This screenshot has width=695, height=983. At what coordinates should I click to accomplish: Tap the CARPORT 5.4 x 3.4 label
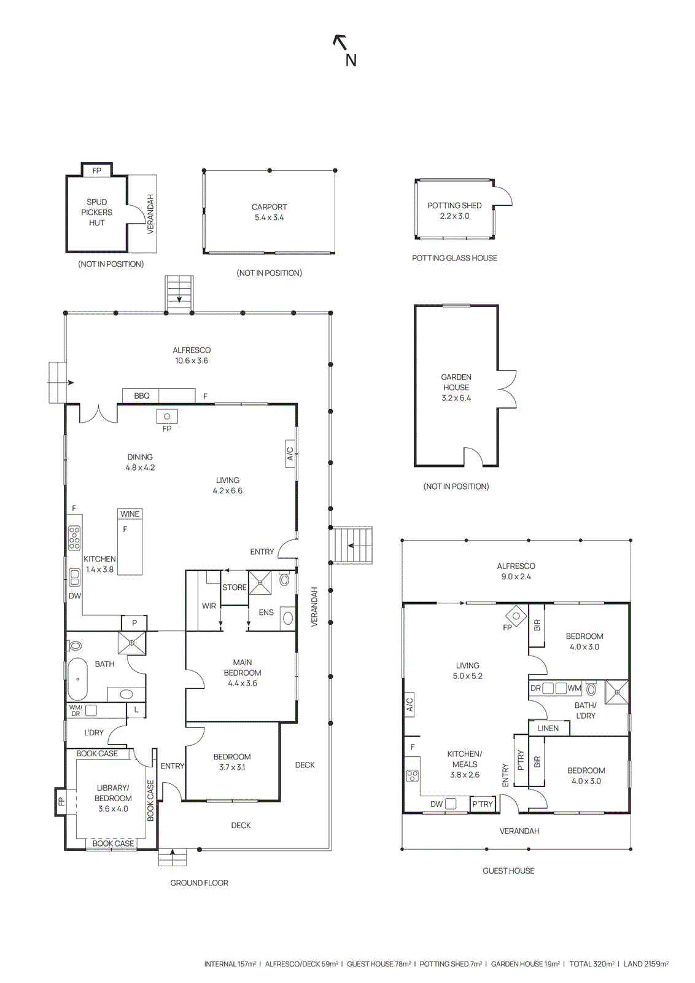point(269,212)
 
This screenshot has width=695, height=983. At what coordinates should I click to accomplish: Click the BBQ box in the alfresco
point(142,396)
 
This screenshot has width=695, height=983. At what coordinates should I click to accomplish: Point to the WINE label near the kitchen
point(130,514)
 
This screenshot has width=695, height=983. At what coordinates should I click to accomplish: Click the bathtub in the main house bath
point(77,679)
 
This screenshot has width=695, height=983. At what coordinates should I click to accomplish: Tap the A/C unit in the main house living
point(290,453)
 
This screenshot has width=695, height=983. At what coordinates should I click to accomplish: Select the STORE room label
point(234,587)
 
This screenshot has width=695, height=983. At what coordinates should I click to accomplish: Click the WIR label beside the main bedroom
point(209,606)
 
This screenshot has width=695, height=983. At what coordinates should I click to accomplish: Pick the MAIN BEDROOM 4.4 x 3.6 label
point(242,673)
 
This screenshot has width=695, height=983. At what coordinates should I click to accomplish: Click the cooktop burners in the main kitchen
point(74,538)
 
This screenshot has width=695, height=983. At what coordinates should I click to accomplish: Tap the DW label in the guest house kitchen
point(437,804)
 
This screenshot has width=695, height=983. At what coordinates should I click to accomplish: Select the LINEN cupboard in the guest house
point(548,728)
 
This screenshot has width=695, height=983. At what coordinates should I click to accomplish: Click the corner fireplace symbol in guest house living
point(516,616)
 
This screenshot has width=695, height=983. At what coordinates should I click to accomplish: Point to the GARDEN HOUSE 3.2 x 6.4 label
point(456,387)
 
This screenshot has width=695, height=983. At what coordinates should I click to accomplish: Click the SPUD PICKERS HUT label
point(96,212)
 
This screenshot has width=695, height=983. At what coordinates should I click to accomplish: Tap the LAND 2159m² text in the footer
point(646,964)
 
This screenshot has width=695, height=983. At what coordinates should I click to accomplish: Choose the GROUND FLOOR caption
point(199,883)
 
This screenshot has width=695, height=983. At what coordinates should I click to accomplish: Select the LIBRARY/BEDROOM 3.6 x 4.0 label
point(113,798)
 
